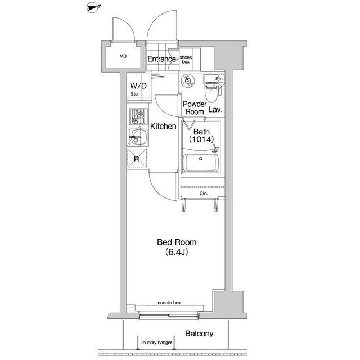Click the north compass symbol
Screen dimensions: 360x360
pos(93,7)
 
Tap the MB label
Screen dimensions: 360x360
pos(123,56)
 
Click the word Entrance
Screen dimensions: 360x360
pos(161,59)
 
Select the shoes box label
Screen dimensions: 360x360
pos(186,60)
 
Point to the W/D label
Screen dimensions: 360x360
pos(138,86)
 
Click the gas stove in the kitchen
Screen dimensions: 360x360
pos(138,116)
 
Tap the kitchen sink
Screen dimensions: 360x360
pos(138,137)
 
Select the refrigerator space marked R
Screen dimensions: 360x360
pos(137,158)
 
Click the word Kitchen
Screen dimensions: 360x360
pos(163,126)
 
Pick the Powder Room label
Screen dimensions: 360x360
pos(195,108)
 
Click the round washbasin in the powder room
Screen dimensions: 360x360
pos(188,80)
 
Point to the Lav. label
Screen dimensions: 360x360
pos(215,110)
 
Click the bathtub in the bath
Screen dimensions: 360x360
pos(201,163)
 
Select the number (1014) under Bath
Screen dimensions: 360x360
pos(201,139)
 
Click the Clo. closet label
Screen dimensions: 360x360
pos(204,193)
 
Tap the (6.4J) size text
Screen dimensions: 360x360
pos(177,252)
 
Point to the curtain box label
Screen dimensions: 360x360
pos(169,303)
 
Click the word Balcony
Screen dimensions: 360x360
pos(199,334)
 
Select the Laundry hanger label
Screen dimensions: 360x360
pos(156,343)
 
